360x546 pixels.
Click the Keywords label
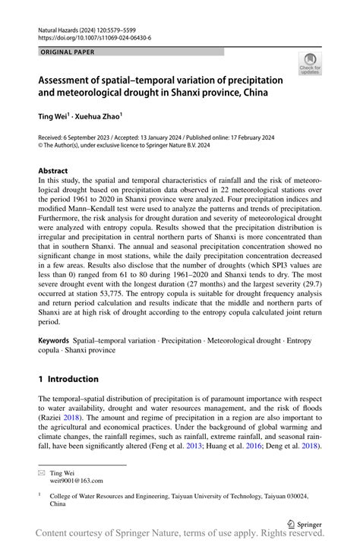57,341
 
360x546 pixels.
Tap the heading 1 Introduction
69,379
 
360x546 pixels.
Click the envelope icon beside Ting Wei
43,472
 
